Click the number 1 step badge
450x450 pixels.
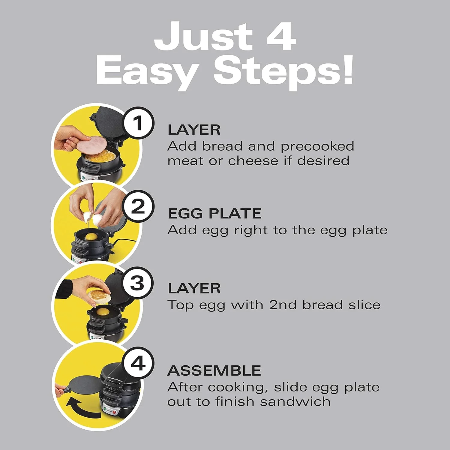point(138,123)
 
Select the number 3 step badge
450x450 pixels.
point(138,283)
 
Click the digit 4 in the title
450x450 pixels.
point(279,37)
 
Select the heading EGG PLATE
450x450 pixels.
point(214,214)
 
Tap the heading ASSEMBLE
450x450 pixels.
point(214,371)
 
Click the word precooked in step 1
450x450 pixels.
point(317,146)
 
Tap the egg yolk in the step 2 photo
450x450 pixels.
point(91,237)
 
